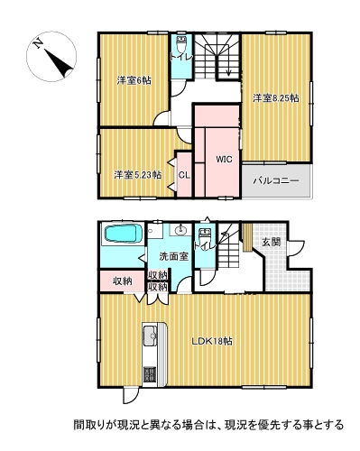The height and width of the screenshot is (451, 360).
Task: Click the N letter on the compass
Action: [x=34, y=42]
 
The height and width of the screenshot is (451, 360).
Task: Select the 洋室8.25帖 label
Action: [x=275, y=97]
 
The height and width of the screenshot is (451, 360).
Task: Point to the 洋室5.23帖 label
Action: [x=137, y=174]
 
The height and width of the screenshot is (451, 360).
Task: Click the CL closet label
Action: [x=183, y=175]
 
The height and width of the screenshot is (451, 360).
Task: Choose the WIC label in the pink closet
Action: [x=225, y=159]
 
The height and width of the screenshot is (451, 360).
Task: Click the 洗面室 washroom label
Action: [x=173, y=256]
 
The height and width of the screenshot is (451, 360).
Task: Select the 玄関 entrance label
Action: [x=272, y=242]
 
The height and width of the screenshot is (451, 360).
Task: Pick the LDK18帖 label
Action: [x=212, y=342]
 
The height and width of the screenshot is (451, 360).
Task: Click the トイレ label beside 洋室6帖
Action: [x=180, y=55]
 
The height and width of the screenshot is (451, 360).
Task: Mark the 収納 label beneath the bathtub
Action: [x=123, y=281]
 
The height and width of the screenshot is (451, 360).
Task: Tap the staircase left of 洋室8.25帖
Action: [x=216, y=59]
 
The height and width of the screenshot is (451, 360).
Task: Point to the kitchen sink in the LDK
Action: [x=150, y=340]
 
